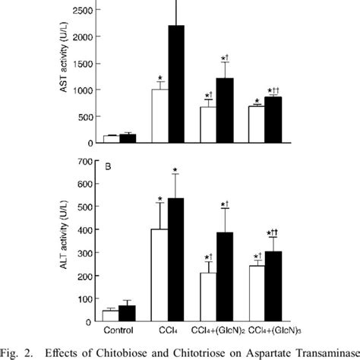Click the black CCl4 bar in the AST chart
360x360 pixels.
pyautogui.click(x=176, y=84)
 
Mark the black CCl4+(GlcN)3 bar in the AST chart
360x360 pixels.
pyautogui.click(x=273, y=120)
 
